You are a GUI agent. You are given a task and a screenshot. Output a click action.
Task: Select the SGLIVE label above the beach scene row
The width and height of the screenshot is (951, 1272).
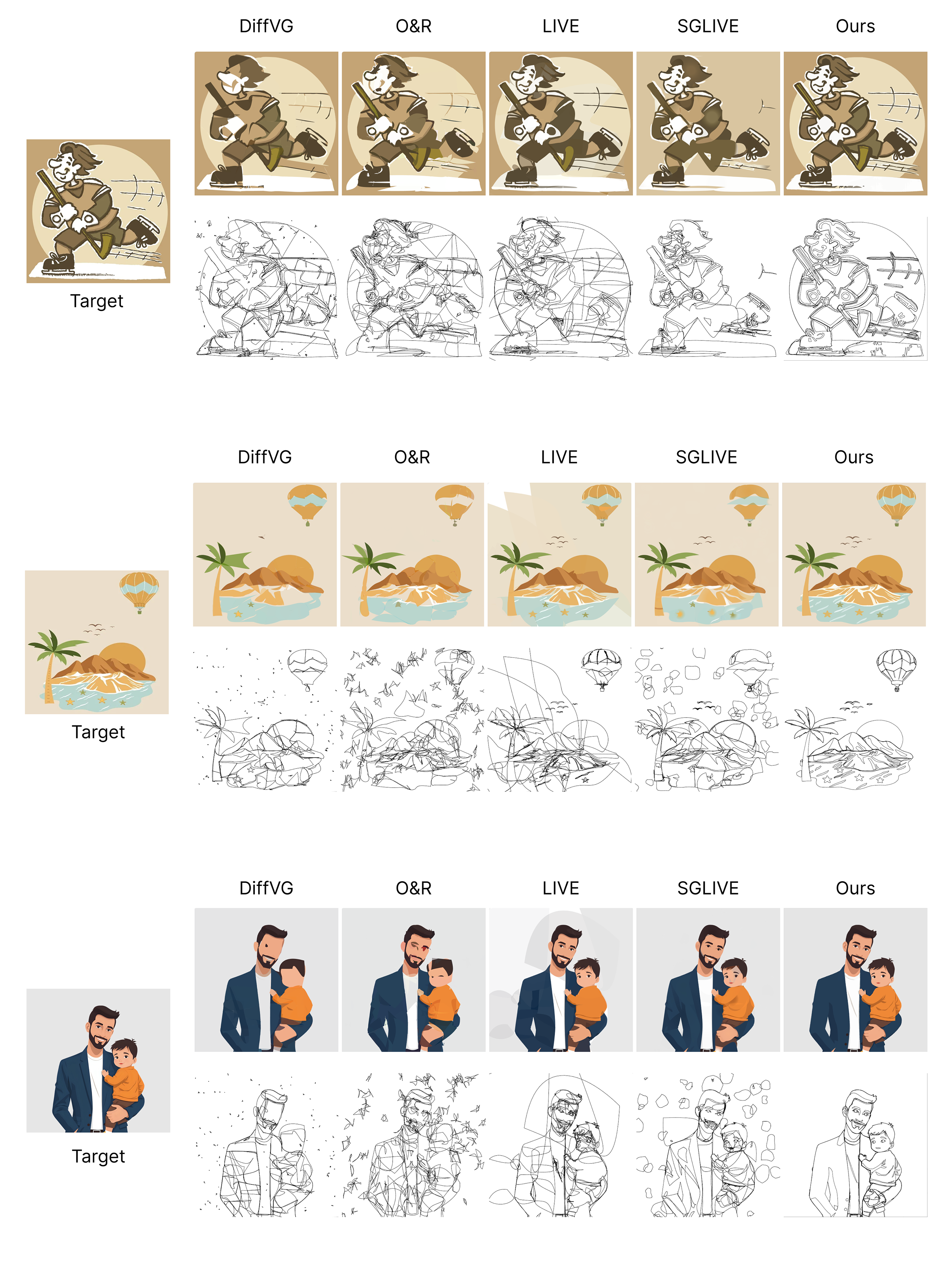click(706, 457)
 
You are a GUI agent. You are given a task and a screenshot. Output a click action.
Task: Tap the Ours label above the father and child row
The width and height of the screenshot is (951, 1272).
click(855, 888)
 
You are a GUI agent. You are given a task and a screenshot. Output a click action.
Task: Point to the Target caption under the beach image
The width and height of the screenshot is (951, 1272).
click(98, 732)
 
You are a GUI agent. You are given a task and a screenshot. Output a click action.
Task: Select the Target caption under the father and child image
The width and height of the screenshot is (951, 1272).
click(98, 1156)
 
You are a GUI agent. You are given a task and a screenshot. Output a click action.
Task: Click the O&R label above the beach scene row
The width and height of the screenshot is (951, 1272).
click(412, 457)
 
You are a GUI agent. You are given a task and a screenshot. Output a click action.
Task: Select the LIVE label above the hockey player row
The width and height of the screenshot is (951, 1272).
click(561, 27)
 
